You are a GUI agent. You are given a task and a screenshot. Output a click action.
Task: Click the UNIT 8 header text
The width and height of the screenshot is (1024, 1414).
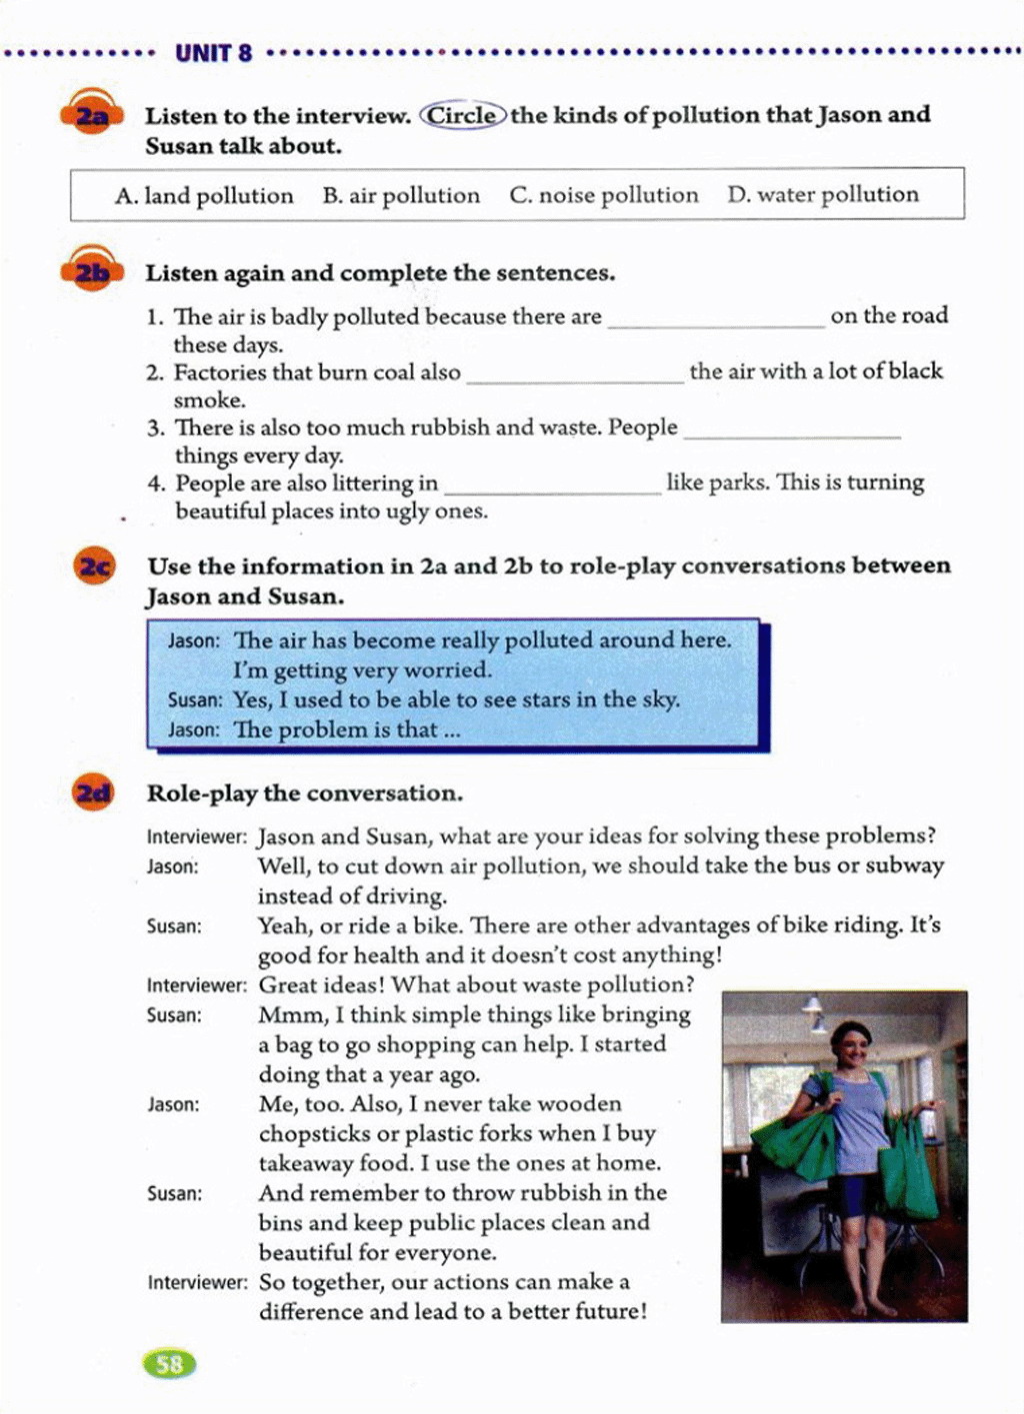point(214,53)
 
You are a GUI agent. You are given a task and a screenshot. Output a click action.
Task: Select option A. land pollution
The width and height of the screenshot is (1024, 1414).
point(204,195)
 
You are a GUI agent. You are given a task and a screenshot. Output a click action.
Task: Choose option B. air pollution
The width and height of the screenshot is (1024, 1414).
point(401,195)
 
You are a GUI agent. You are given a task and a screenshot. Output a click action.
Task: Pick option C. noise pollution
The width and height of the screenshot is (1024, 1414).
point(604,195)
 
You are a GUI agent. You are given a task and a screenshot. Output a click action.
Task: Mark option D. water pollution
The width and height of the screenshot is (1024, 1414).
point(823,194)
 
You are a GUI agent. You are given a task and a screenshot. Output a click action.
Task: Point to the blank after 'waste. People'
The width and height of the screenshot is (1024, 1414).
point(792,433)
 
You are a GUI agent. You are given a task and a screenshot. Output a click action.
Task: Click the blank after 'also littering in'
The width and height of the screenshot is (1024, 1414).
point(552,489)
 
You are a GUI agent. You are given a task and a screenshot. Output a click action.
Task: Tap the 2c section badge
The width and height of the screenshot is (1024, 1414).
point(94,567)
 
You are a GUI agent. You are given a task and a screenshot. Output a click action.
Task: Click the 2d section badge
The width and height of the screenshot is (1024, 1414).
point(94,793)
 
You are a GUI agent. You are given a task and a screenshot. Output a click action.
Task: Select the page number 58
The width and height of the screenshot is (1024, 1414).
point(170,1364)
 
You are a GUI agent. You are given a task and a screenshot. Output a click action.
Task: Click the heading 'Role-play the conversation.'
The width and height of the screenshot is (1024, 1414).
point(305,793)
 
